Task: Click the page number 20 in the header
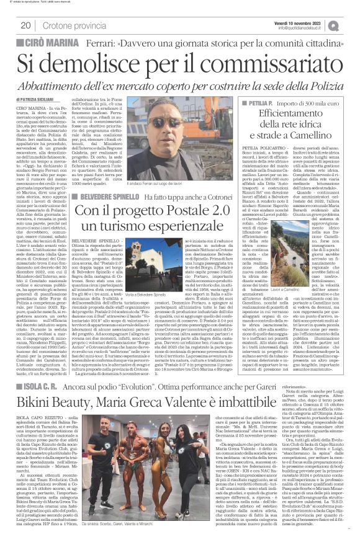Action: click(27, 26)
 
